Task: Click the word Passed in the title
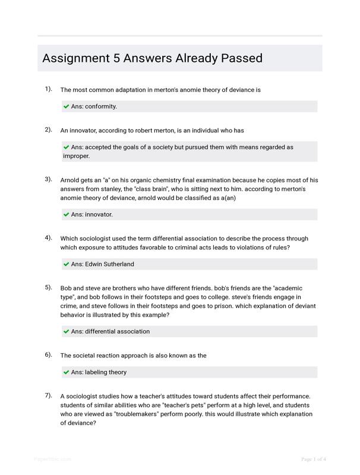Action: click(241, 59)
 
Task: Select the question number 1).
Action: click(48, 89)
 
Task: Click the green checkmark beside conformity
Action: click(66, 107)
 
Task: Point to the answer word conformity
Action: click(101, 107)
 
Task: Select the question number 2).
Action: click(48, 129)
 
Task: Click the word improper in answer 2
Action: click(75, 156)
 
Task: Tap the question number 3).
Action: click(48, 179)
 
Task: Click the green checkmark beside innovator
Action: click(66, 215)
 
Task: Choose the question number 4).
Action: click(48, 237)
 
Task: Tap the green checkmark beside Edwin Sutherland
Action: click(66, 264)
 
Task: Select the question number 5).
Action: click(48, 287)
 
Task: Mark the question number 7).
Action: click(48, 395)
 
